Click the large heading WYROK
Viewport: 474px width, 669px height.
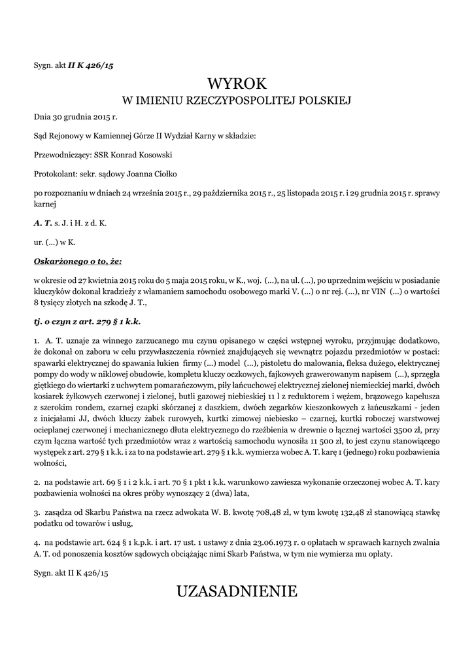coord(237,84)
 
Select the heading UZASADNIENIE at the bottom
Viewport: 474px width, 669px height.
coord(237,591)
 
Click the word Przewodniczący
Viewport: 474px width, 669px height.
coord(59,155)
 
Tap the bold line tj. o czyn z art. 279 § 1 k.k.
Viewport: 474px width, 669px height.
coord(88,321)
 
